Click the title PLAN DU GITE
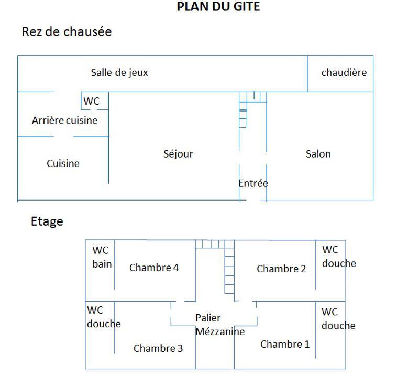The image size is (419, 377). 218,7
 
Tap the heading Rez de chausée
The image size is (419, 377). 67,32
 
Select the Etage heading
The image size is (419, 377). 47,221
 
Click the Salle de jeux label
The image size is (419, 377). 119,73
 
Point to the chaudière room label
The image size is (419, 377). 344,73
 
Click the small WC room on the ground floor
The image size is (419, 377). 92,102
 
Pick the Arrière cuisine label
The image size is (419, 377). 64,120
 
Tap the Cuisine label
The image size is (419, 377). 63,163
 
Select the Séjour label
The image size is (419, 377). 178,154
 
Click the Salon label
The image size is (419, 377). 318,154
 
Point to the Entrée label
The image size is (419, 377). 253,183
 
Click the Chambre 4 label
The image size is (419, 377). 154,268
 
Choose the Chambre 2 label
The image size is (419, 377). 281,269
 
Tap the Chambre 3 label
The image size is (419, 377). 158,348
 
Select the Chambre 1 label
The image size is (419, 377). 285,344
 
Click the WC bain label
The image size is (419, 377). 102,257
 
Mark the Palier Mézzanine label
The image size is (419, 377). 220,325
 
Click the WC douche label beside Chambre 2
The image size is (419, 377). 338,257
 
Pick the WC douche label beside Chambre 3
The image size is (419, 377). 103,317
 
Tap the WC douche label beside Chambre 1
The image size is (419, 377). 338,319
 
